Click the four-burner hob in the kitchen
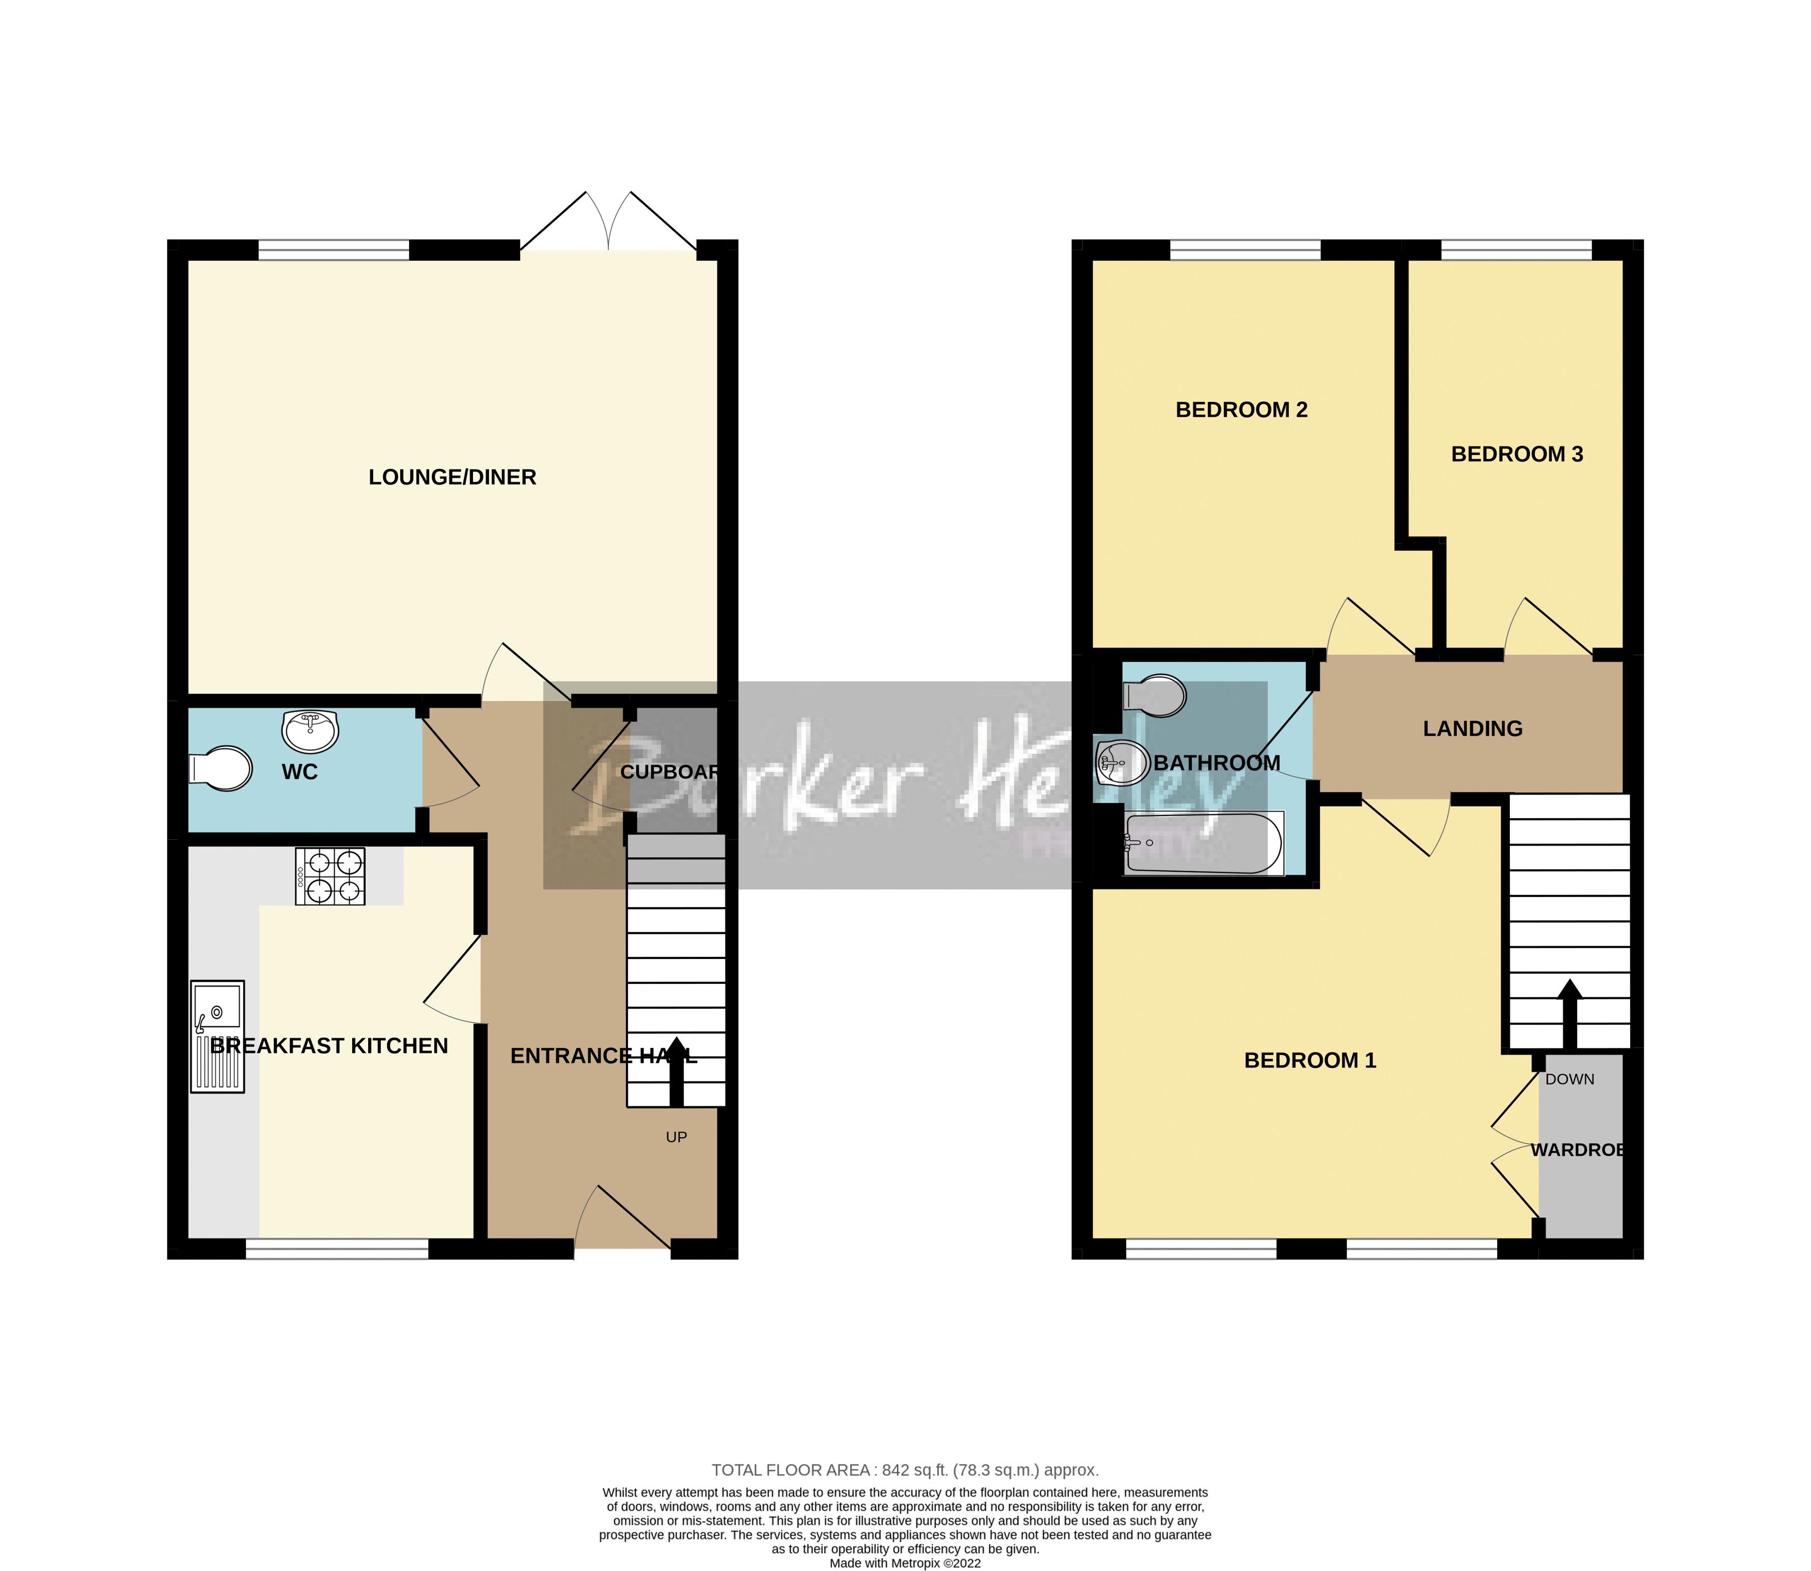pyautogui.click(x=329, y=876)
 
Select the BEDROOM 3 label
pyautogui.click(x=1517, y=454)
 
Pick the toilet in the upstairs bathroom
pyautogui.click(x=1155, y=695)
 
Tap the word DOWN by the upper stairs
pyautogui.click(x=1569, y=1079)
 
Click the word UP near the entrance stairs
pyautogui.click(x=676, y=1137)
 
